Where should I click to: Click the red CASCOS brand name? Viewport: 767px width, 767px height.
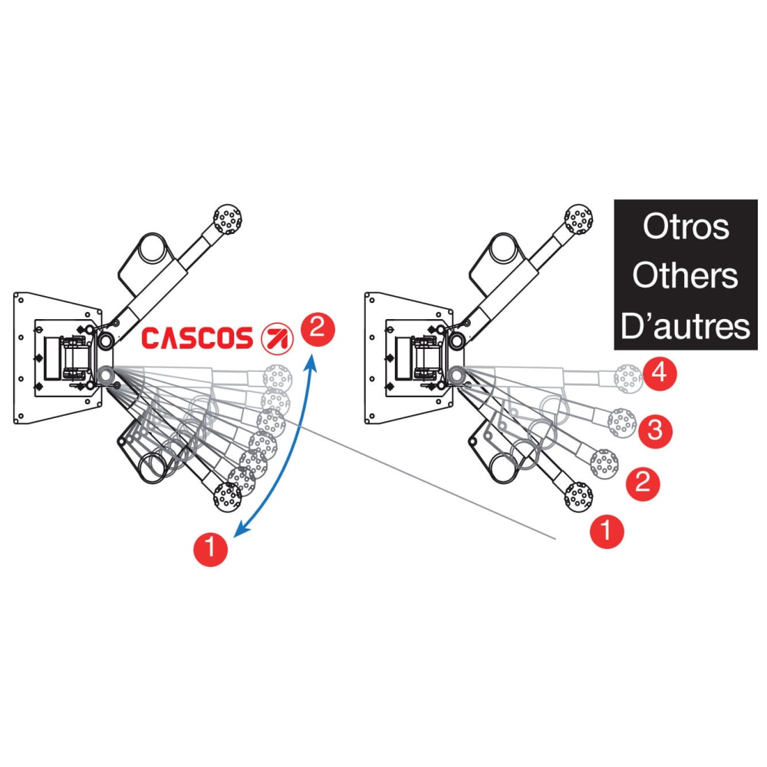tap(197, 337)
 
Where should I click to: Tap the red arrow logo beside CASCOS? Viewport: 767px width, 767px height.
tap(274, 337)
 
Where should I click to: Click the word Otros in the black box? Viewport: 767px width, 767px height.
tap(686, 227)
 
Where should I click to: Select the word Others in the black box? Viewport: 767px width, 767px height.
tap(686, 276)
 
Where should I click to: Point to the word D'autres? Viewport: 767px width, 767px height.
tap(686, 326)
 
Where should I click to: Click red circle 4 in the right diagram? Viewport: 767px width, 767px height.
tap(660, 374)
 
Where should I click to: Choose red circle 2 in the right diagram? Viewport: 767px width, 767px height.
tap(643, 483)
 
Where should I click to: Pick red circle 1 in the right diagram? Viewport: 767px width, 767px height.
tap(607, 531)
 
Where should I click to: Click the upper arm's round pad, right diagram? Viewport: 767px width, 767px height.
tap(578, 219)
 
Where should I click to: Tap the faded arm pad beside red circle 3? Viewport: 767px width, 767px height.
tap(621, 421)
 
